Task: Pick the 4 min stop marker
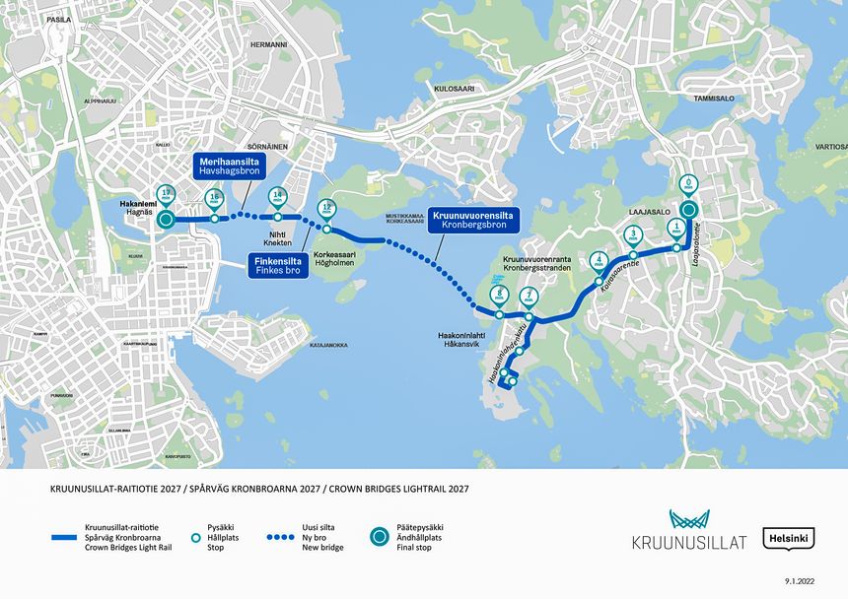599,262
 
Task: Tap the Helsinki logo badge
789,540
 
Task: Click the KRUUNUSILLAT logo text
689,542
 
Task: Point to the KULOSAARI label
455,88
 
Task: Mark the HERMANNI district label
268,45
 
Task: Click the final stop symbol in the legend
380,537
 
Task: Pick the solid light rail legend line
78,537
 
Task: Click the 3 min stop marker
633,236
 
